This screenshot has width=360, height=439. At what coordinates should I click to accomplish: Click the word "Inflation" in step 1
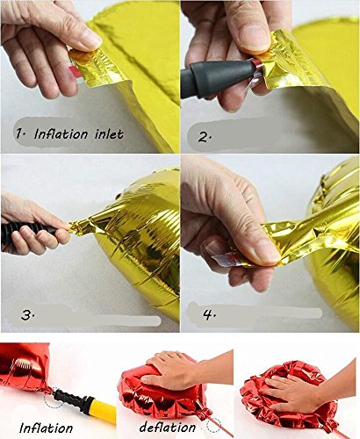pyautogui.click(x=61, y=134)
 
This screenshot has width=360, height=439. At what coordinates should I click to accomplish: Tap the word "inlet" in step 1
pyautogui.click(x=109, y=134)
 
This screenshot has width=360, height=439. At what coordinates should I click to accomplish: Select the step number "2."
pyautogui.click(x=205, y=137)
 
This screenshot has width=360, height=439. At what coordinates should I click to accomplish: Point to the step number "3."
pyautogui.click(x=28, y=315)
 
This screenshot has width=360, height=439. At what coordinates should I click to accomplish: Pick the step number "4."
pyautogui.click(x=209, y=315)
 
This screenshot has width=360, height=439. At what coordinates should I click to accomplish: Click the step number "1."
pyautogui.click(x=21, y=134)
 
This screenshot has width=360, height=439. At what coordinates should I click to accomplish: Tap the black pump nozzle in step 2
pyautogui.click(x=216, y=76)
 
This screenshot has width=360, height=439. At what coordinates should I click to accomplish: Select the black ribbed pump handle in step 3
pyautogui.click(x=29, y=231)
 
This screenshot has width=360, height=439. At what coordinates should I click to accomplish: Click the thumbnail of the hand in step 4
pyautogui.click(x=265, y=252)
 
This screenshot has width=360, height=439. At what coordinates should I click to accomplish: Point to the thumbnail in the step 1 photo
pyautogui.click(x=88, y=39)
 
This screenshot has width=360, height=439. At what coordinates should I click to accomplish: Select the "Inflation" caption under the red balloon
pyautogui.click(x=46, y=428)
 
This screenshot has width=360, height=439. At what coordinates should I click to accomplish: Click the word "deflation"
pyautogui.click(x=168, y=428)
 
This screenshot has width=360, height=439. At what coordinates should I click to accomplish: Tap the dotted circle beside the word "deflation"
pyautogui.click(x=213, y=424)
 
